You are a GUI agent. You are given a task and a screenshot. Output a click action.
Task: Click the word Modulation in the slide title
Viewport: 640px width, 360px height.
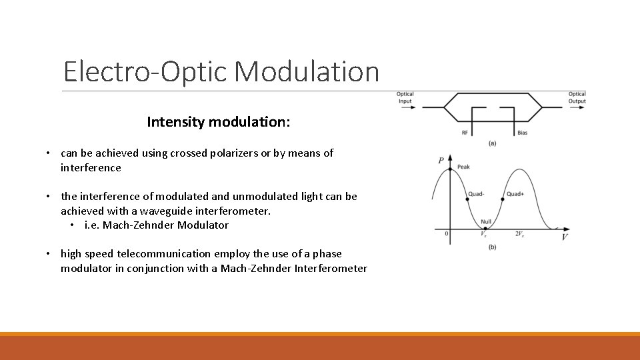(306, 71)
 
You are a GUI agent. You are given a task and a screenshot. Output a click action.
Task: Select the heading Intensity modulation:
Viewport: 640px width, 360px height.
(219, 122)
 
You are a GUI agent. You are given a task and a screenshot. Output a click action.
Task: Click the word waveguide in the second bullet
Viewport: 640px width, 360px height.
(163, 211)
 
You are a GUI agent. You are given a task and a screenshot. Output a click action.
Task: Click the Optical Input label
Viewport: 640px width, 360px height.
(405, 98)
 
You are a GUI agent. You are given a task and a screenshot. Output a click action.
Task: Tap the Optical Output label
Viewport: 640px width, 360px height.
(577, 98)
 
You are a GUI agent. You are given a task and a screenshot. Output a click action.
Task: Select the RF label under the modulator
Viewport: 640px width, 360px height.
(465, 133)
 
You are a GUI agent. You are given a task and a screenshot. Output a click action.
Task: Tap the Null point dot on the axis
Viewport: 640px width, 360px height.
(485, 229)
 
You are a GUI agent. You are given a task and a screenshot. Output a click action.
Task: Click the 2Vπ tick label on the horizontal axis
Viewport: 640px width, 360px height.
(519, 234)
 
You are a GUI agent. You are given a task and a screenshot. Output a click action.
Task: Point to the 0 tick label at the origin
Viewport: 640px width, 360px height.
(446, 234)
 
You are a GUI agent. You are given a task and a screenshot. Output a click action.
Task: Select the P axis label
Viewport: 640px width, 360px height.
(441, 161)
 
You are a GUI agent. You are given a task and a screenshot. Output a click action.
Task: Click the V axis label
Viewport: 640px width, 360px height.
(565, 237)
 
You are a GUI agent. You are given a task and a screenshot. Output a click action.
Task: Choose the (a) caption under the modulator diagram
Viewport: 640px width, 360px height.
(492, 143)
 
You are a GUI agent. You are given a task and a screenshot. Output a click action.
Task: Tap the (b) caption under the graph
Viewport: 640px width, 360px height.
(492, 247)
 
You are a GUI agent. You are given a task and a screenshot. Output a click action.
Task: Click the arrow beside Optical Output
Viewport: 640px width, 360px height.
(555, 106)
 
